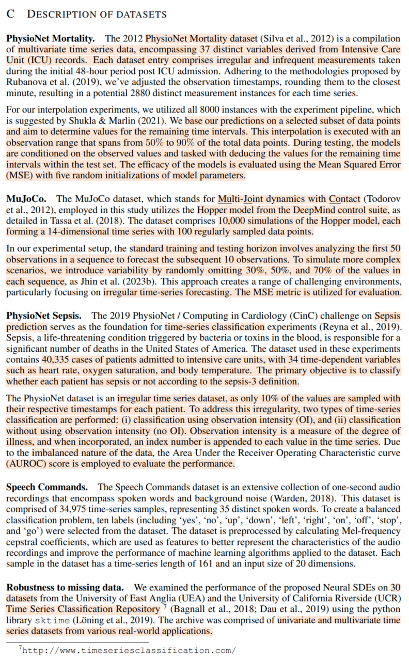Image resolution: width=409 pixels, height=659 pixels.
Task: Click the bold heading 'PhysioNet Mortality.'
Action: pos(51,38)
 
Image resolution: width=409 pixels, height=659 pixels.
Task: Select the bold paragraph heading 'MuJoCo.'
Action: pos(26,198)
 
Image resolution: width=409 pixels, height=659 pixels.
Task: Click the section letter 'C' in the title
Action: pos(10,14)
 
